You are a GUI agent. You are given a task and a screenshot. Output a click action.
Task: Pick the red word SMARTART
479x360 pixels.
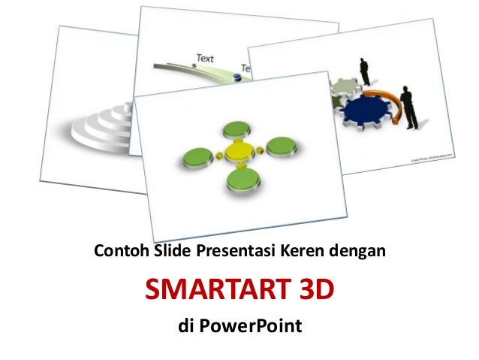(212, 288)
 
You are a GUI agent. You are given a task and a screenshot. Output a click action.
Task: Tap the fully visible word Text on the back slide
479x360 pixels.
(204, 58)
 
